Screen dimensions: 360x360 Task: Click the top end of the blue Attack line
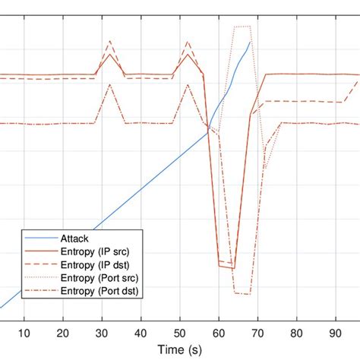tap(249, 43)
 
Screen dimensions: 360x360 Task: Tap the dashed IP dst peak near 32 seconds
tap(110, 41)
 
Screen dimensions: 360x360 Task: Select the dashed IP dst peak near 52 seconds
tap(188, 41)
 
